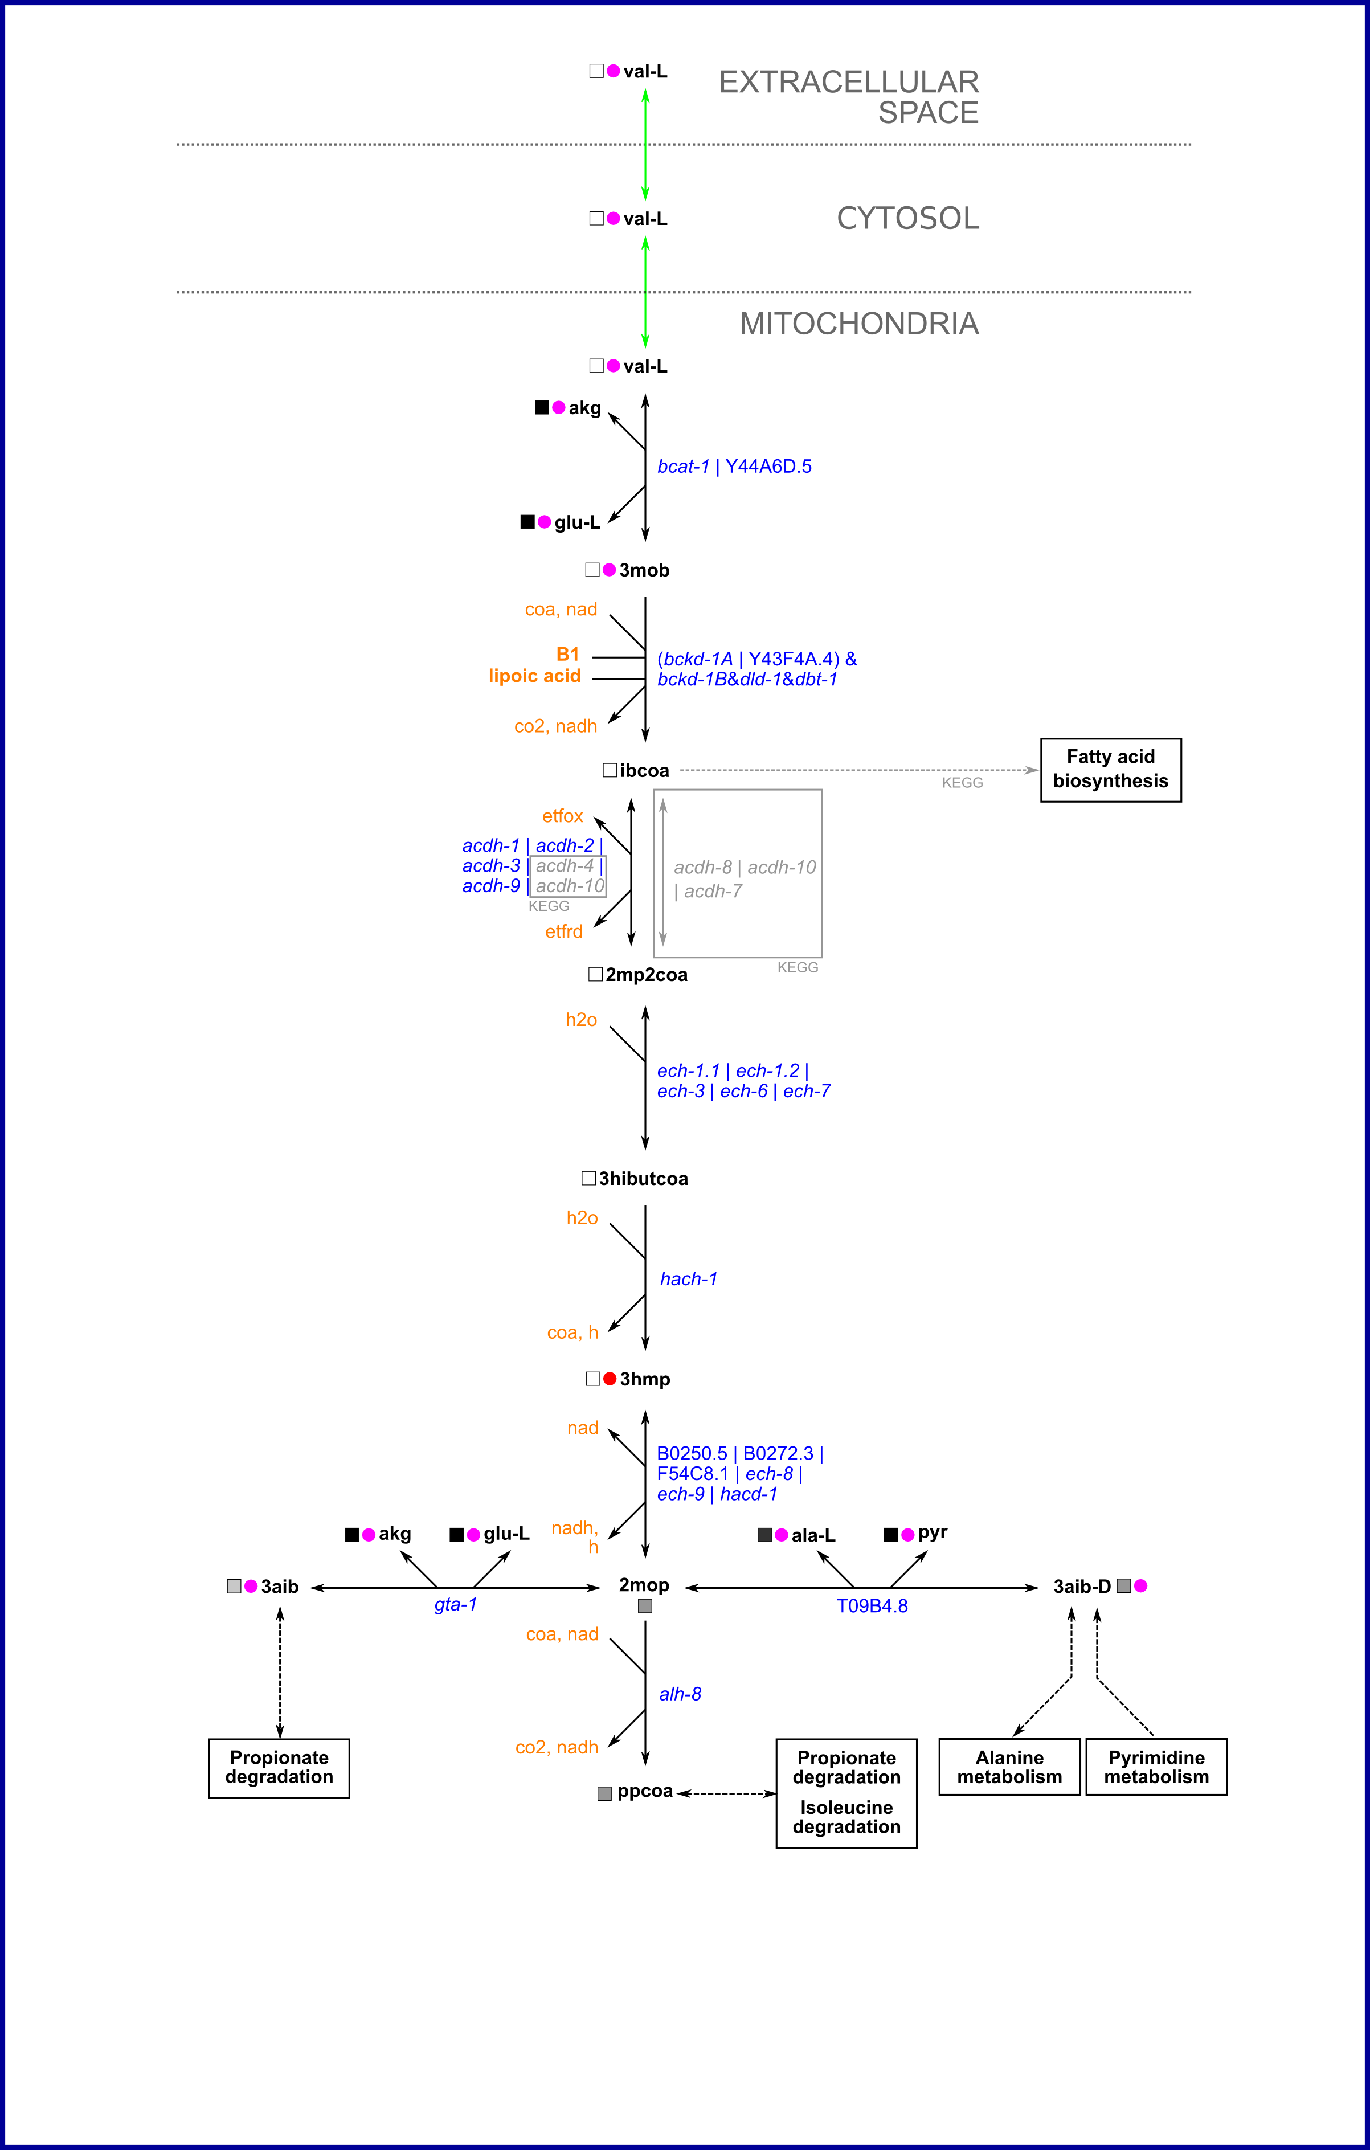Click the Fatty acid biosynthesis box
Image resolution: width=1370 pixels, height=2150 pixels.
1110,770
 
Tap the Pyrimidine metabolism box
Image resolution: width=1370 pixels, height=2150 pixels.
1156,1767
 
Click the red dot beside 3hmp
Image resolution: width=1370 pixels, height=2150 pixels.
610,1379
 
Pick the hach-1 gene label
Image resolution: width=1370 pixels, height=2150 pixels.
688,1278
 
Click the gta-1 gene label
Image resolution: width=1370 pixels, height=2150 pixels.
455,1604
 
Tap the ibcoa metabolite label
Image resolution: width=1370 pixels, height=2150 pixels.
644,771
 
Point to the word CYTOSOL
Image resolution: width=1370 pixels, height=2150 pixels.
907,218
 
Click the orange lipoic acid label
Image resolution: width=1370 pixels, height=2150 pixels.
534,676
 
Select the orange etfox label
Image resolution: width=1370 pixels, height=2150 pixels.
562,816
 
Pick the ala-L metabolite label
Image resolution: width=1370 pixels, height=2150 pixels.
813,1535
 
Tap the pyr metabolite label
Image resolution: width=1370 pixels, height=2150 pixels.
932,1532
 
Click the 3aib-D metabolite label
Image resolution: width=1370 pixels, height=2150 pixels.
1082,1587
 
